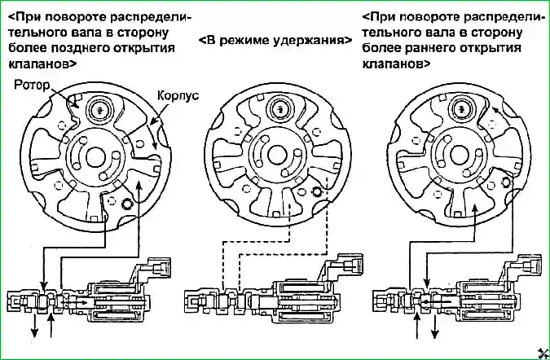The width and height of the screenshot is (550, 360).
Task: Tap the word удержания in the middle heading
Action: click(309, 39)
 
